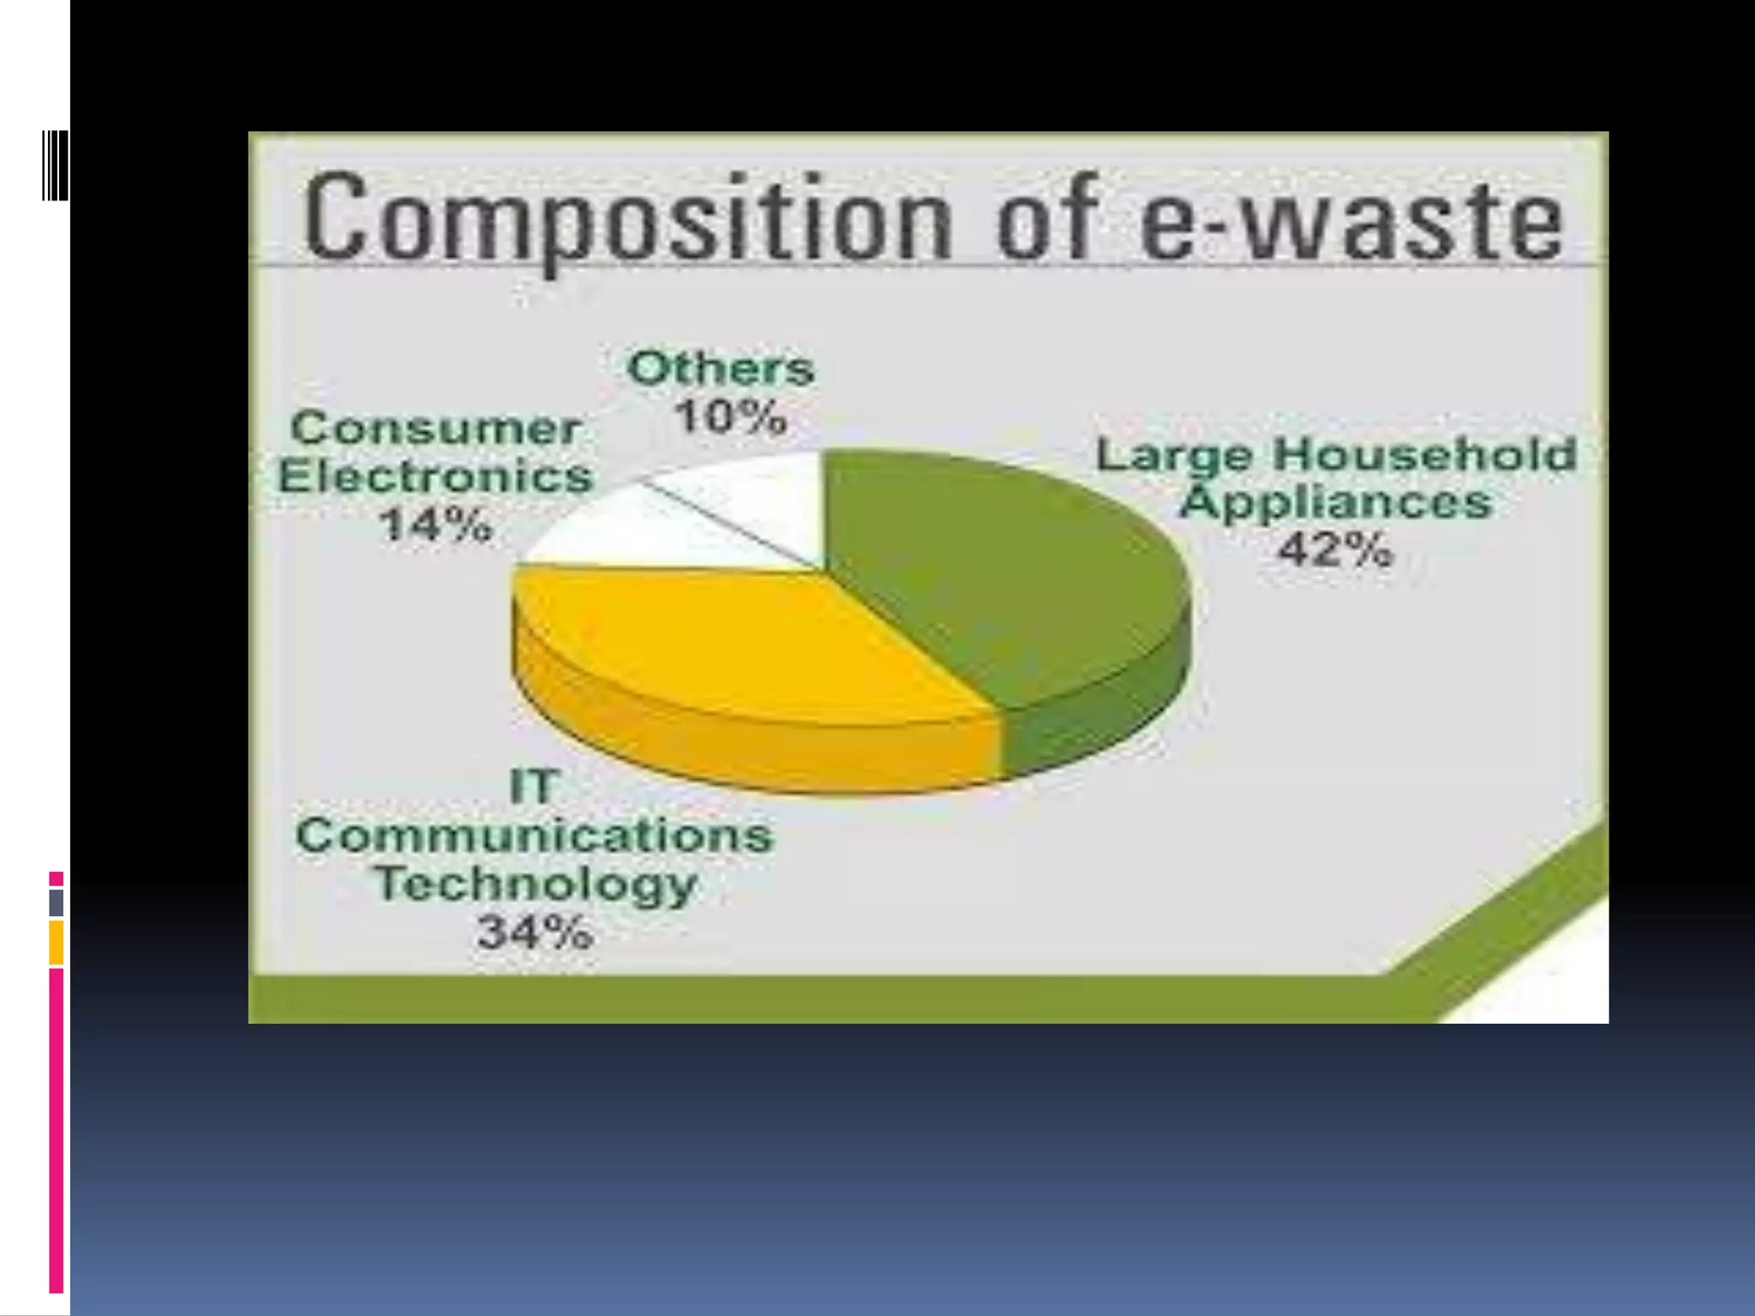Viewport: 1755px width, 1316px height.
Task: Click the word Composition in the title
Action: tap(626, 218)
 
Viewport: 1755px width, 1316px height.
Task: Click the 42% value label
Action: tap(1335, 549)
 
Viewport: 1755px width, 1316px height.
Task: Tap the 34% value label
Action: tap(535, 932)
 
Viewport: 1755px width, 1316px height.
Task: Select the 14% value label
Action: tap(436, 524)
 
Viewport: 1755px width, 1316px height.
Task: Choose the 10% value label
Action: tap(730, 418)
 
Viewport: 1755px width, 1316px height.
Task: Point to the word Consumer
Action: tap(435, 428)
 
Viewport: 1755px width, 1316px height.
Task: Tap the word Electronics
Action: tap(435, 476)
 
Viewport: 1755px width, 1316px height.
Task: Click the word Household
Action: tap(1424, 454)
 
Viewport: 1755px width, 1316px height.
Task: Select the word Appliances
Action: tap(1335, 502)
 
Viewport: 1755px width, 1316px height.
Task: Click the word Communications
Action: tap(535, 835)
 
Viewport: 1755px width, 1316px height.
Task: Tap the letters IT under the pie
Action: tap(534, 787)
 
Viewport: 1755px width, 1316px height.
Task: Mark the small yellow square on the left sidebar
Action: tap(56, 942)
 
